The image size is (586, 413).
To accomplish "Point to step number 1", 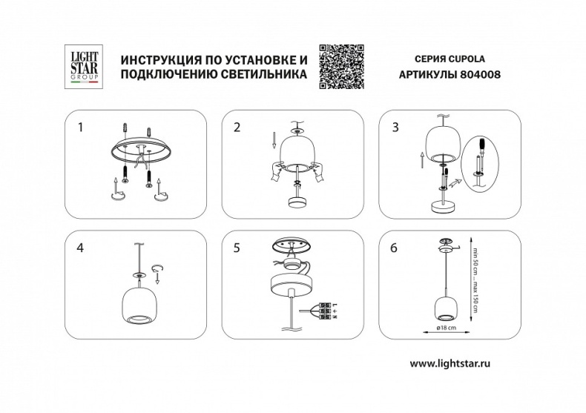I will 81,128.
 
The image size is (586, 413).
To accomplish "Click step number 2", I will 237,128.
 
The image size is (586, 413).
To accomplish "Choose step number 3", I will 395,128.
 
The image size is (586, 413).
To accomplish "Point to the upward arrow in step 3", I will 420,159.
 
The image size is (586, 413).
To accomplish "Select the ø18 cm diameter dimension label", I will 447,326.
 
